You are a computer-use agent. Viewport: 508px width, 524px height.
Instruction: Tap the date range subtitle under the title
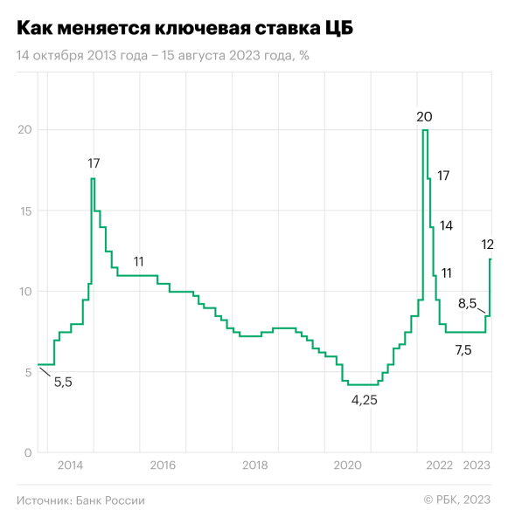[163, 55]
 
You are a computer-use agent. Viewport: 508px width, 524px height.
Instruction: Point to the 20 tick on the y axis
[24, 130]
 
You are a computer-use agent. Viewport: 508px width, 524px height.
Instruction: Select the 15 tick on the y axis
[24, 210]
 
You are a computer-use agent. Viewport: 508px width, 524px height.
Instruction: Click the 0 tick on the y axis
[27, 452]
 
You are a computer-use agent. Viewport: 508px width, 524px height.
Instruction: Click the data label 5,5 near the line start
[63, 382]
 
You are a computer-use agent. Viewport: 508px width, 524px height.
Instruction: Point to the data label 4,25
[364, 400]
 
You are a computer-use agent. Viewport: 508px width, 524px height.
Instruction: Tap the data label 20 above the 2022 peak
[424, 116]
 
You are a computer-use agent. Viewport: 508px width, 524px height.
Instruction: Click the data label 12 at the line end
[488, 244]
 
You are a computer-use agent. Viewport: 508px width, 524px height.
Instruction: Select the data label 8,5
[467, 304]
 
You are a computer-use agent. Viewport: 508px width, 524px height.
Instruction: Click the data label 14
[446, 225]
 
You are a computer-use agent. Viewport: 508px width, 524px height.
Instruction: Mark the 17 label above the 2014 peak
[94, 162]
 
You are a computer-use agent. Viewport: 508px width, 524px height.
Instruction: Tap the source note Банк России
[80, 500]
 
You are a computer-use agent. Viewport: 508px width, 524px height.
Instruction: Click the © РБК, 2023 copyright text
[457, 500]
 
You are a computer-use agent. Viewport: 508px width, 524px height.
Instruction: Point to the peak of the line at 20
[425, 130]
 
